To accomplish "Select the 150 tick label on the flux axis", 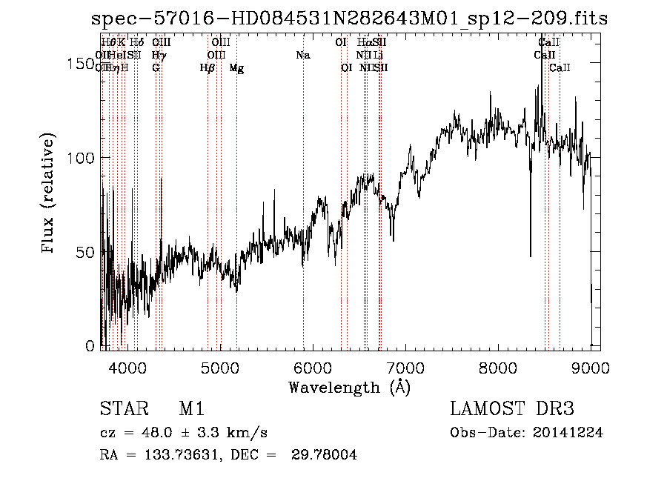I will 81,64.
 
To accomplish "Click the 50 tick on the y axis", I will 85,252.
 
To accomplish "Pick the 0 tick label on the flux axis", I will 90,345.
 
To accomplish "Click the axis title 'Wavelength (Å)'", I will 349,387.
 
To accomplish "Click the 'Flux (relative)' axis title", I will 50,195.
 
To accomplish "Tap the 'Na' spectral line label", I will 302,56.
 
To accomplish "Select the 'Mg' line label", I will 236,68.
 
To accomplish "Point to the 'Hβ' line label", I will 208,68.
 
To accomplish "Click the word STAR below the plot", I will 122,409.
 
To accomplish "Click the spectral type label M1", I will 191,409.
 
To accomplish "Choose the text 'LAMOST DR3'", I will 512,409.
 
